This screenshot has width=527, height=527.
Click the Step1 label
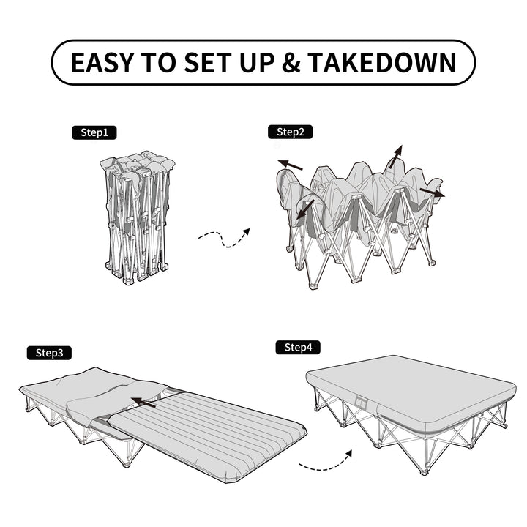click(x=94, y=132)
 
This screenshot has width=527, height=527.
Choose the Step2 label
click(x=291, y=132)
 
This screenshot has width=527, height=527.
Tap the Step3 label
click(x=51, y=352)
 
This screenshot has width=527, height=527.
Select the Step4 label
click(x=298, y=347)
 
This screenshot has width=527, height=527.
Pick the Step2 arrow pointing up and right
click(x=395, y=156)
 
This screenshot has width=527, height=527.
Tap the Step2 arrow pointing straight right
click(x=432, y=193)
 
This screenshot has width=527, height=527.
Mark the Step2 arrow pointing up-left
click(x=289, y=165)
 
